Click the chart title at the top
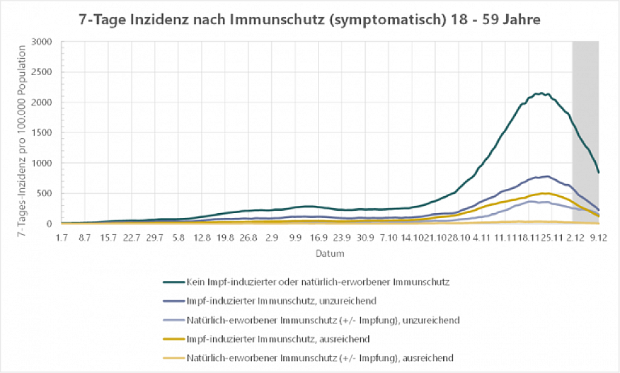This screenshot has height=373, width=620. [x=309, y=19]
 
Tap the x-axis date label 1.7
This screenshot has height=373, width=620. [x=62, y=238]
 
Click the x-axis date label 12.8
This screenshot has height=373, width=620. [x=202, y=238]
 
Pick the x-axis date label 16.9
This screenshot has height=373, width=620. [x=318, y=238]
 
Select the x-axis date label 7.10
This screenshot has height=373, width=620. [x=388, y=238]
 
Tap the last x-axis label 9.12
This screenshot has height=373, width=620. [x=598, y=238]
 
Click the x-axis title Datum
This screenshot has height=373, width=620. [x=330, y=253]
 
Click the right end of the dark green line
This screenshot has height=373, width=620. [x=598, y=173]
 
